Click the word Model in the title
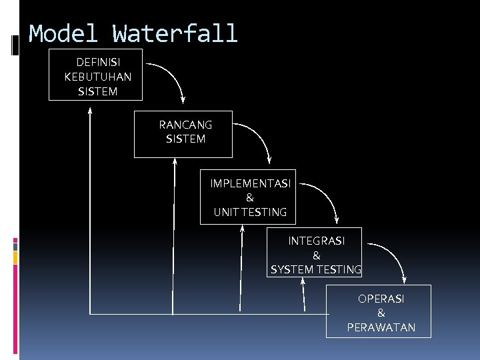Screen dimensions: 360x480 click(x=63, y=33)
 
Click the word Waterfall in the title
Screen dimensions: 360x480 click(x=175, y=33)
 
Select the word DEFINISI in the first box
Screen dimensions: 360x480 click(x=98, y=62)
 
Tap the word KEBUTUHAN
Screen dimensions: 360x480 click(x=98, y=77)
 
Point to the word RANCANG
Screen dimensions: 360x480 click(x=185, y=125)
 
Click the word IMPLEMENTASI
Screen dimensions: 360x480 click(x=250, y=183)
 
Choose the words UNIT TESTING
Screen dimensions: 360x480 click(x=250, y=213)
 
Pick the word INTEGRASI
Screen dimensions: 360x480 click(x=316, y=241)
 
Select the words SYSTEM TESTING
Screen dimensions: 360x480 click(x=316, y=270)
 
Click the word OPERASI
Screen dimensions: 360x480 click(x=381, y=299)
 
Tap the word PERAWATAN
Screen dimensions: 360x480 click(x=381, y=327)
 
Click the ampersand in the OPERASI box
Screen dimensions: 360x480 click(x=381, y=313)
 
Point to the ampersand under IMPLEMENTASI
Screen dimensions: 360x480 click(x=250, y=198)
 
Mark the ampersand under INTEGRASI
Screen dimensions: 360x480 click(x=316, y=255)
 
